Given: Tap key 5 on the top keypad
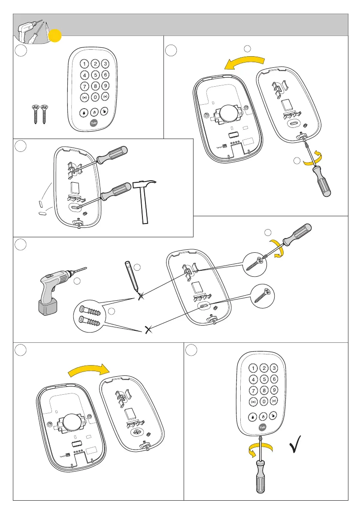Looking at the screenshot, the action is point(96,75).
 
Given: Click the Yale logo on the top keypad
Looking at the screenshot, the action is point(94,123).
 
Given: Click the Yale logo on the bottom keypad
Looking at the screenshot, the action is point(262,427).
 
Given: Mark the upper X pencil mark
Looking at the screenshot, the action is point(141,296).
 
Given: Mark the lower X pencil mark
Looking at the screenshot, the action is point(148,330).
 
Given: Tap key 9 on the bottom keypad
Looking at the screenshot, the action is point(275,390).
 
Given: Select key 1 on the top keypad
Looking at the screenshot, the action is point(85,64).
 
